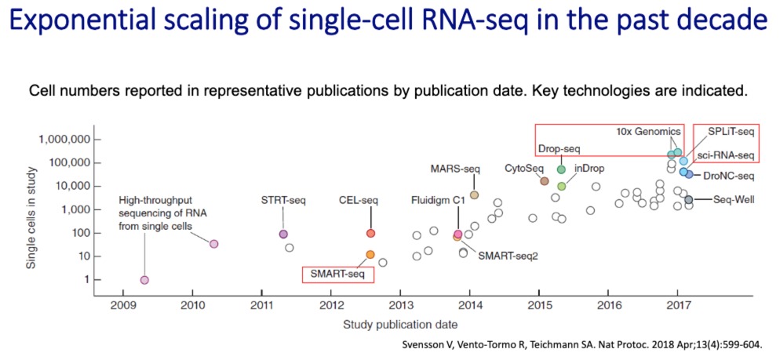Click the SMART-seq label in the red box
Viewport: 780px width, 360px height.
(x=337, y=274)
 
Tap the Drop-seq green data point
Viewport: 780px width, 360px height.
(x=561, y=169)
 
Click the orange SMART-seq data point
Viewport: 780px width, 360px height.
(x=370, y=254)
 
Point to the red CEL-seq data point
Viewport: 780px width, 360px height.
(x=370, y=234)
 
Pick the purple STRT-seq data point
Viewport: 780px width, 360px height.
(x=283, y=234)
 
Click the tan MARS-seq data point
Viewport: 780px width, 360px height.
(x=474, y=195)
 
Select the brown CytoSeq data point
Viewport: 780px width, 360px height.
(x=544, y=181)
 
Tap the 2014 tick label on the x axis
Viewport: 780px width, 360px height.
(x=469, y=305)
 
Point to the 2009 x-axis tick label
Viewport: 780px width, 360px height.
(x=122, y=305)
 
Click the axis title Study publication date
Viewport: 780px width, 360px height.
(x=400, y=324)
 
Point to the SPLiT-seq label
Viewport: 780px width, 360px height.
(x=731, y=132)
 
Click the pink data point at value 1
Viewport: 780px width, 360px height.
(x=144, y=280)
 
